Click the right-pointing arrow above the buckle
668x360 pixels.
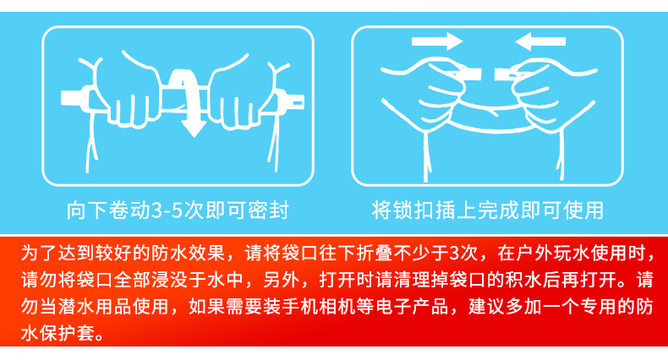click(437, 41)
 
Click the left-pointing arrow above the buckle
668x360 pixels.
click(540, 41)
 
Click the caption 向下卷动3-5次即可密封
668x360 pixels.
click(178, 210)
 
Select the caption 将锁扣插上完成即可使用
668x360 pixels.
click(487, 210)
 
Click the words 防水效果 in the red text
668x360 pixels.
click(188, 254)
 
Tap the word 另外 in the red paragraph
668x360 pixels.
click(282, 280)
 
